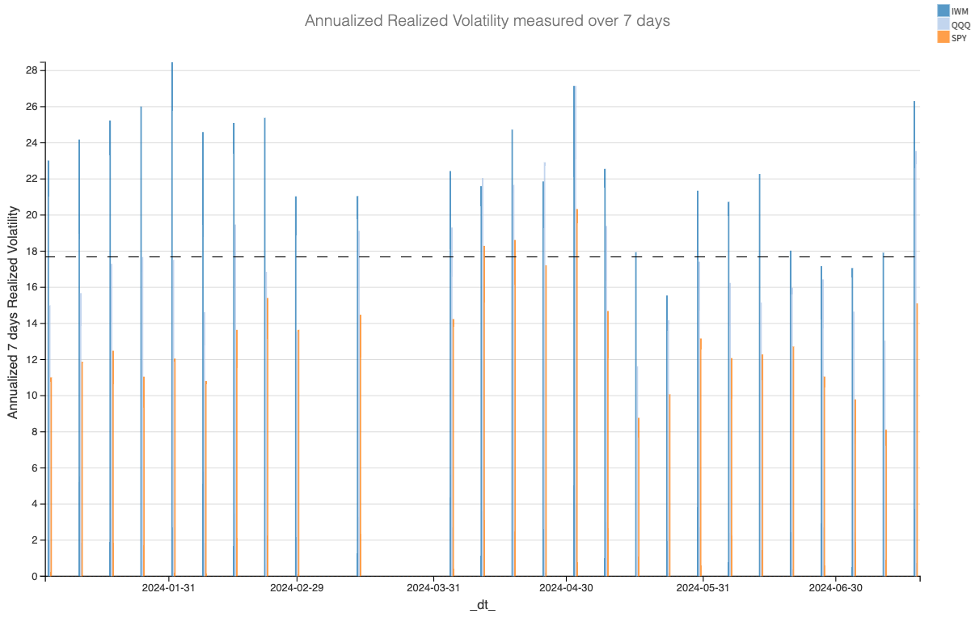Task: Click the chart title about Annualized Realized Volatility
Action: (x=487, y=21)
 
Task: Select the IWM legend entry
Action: (x=959, y=11)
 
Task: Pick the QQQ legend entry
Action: (x=960, y=25)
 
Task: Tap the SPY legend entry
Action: (x=959, y=38)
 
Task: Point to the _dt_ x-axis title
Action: (x=483, y=605)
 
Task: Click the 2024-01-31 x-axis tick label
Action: (x=168, y=588)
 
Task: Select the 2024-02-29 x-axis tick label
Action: (x=296, y=588)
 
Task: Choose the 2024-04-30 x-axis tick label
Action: (x=566, y=588)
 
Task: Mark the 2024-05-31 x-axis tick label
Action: (x=703, y=588)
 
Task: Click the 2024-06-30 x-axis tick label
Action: (x=836, y=588)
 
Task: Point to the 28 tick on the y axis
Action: (x=32, y=70)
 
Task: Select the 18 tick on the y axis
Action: (x=32, y=251)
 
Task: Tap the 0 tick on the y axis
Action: (x=35, y=576)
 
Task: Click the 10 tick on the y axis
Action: (x=32, y=396)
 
